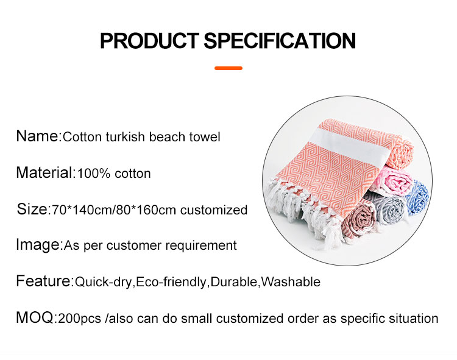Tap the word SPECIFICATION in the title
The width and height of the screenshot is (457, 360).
pos(279,41)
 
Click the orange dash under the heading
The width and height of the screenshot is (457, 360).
pos(228,68)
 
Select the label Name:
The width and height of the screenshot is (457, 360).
pos(38,136)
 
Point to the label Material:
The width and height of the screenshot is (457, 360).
pos(45,172)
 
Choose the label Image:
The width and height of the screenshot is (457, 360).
pos(39,245)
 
